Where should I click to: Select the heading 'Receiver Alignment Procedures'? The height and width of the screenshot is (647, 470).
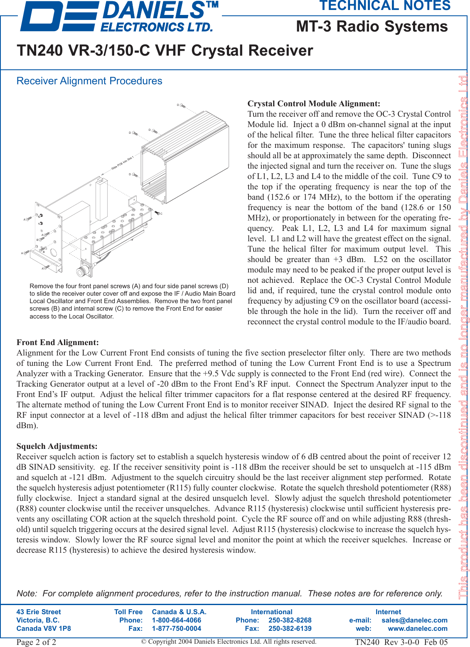[89, 81]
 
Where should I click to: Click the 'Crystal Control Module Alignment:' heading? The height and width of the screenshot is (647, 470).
[314, 104]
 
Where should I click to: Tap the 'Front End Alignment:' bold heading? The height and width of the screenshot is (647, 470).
[58, 343]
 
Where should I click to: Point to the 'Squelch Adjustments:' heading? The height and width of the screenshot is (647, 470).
[57, 446]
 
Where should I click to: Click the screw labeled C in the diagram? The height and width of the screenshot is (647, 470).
[157, 213]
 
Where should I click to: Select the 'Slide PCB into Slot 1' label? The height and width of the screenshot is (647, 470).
[122, 163]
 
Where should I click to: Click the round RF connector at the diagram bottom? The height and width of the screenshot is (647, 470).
[81, 272]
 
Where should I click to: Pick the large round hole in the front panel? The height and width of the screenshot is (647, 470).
[54, 252]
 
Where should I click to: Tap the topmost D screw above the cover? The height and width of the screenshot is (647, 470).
[182, 106]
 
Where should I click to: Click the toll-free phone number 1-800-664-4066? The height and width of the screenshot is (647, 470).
[177, 620]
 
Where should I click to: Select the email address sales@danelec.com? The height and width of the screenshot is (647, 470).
[414, 620]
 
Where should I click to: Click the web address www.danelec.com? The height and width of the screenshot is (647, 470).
[418, 628]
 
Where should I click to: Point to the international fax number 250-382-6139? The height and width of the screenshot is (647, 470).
[290, 628]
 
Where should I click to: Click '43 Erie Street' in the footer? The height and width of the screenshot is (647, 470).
[39, 612]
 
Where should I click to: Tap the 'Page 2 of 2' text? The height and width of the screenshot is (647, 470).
[36, 642]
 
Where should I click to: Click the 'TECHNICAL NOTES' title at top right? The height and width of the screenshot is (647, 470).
[385, 6]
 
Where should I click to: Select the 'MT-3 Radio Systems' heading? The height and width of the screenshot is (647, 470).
[372, 27]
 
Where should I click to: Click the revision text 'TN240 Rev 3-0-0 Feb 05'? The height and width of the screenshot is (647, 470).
[401, 642]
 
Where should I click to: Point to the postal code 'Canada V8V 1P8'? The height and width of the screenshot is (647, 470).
[44, 628]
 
